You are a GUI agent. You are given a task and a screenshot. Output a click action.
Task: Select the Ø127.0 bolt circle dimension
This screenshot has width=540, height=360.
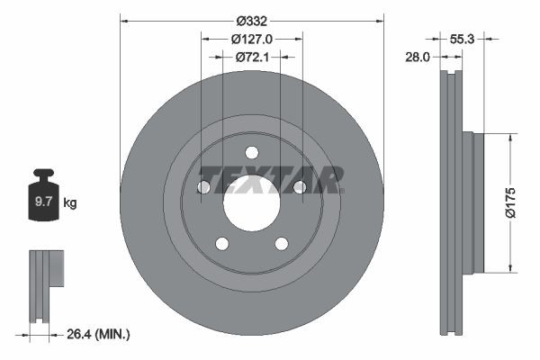click(x=252, y=39)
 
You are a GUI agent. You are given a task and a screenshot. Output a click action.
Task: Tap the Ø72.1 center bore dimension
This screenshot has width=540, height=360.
click(x=252, y=57)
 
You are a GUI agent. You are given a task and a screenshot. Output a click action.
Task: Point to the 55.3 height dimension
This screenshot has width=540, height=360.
click(x=461, y=39)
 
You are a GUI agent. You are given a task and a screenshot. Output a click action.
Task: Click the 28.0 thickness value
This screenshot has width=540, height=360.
click(x=417, y=56)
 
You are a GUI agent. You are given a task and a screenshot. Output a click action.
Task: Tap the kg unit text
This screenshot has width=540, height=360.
click(x=70, y=203)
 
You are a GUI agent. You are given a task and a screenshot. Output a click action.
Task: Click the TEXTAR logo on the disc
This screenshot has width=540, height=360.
click(x=270, y=179)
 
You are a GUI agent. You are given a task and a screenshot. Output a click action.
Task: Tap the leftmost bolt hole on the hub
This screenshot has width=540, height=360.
click(x=203, y=187)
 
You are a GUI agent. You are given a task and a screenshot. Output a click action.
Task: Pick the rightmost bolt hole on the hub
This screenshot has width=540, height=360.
click(x=301, y=187)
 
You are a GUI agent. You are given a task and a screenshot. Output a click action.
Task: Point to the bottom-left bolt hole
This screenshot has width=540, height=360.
click(x=222, y=243)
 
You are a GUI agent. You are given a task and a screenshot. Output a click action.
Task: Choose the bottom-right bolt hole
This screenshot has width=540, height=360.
click(x=282, y=243)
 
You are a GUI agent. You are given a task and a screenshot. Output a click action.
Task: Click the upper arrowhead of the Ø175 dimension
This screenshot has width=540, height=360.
click(x=512, y=138)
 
